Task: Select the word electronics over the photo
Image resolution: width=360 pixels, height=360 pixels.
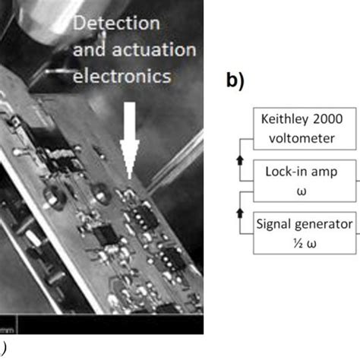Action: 125,76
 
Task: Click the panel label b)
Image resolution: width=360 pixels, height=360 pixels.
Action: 236,81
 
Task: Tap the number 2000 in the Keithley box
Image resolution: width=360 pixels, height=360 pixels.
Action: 333,120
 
